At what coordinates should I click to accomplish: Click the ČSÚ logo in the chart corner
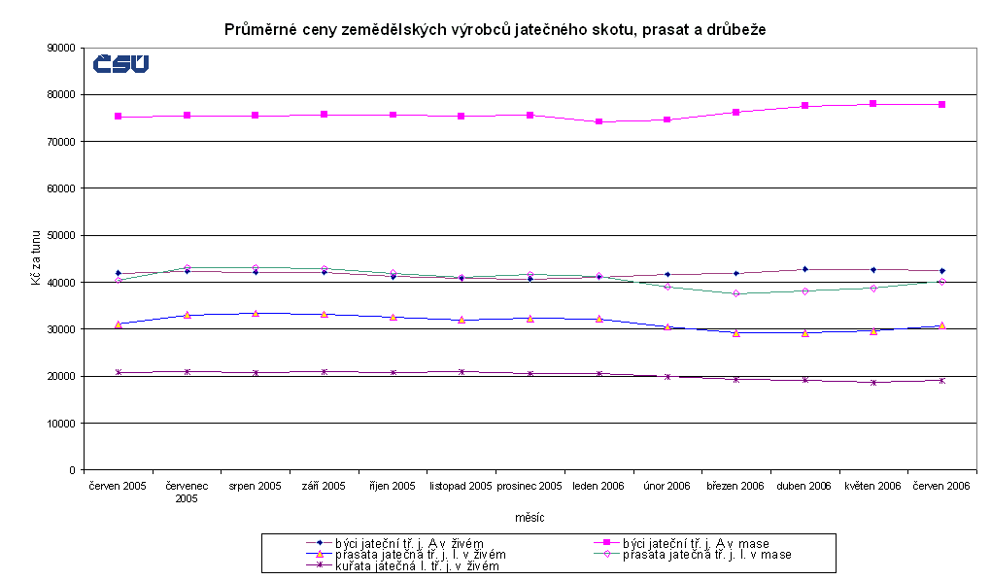pos(120,64)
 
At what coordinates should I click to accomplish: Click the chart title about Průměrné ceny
pos(495,29)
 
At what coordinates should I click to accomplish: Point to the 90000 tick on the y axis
pos(61,48)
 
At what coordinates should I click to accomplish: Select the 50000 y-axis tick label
pos(61,235)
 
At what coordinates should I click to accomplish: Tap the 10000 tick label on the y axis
pos(61,424)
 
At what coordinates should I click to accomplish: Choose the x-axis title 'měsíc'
pos(530,518)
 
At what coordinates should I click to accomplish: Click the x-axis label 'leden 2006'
pos(598,486)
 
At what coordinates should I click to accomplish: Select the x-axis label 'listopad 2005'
pos(461,486)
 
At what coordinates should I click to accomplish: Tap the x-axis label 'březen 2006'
pos(735,486)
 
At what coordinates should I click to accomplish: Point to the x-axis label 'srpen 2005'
pos(255,486)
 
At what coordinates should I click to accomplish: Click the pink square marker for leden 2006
pos(598,121)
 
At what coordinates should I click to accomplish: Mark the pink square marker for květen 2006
pos(873,103)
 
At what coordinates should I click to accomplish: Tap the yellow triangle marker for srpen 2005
pos(255,313)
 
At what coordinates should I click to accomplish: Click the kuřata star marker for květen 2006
pos(873,383)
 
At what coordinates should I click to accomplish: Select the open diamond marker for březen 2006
pos(735,293)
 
